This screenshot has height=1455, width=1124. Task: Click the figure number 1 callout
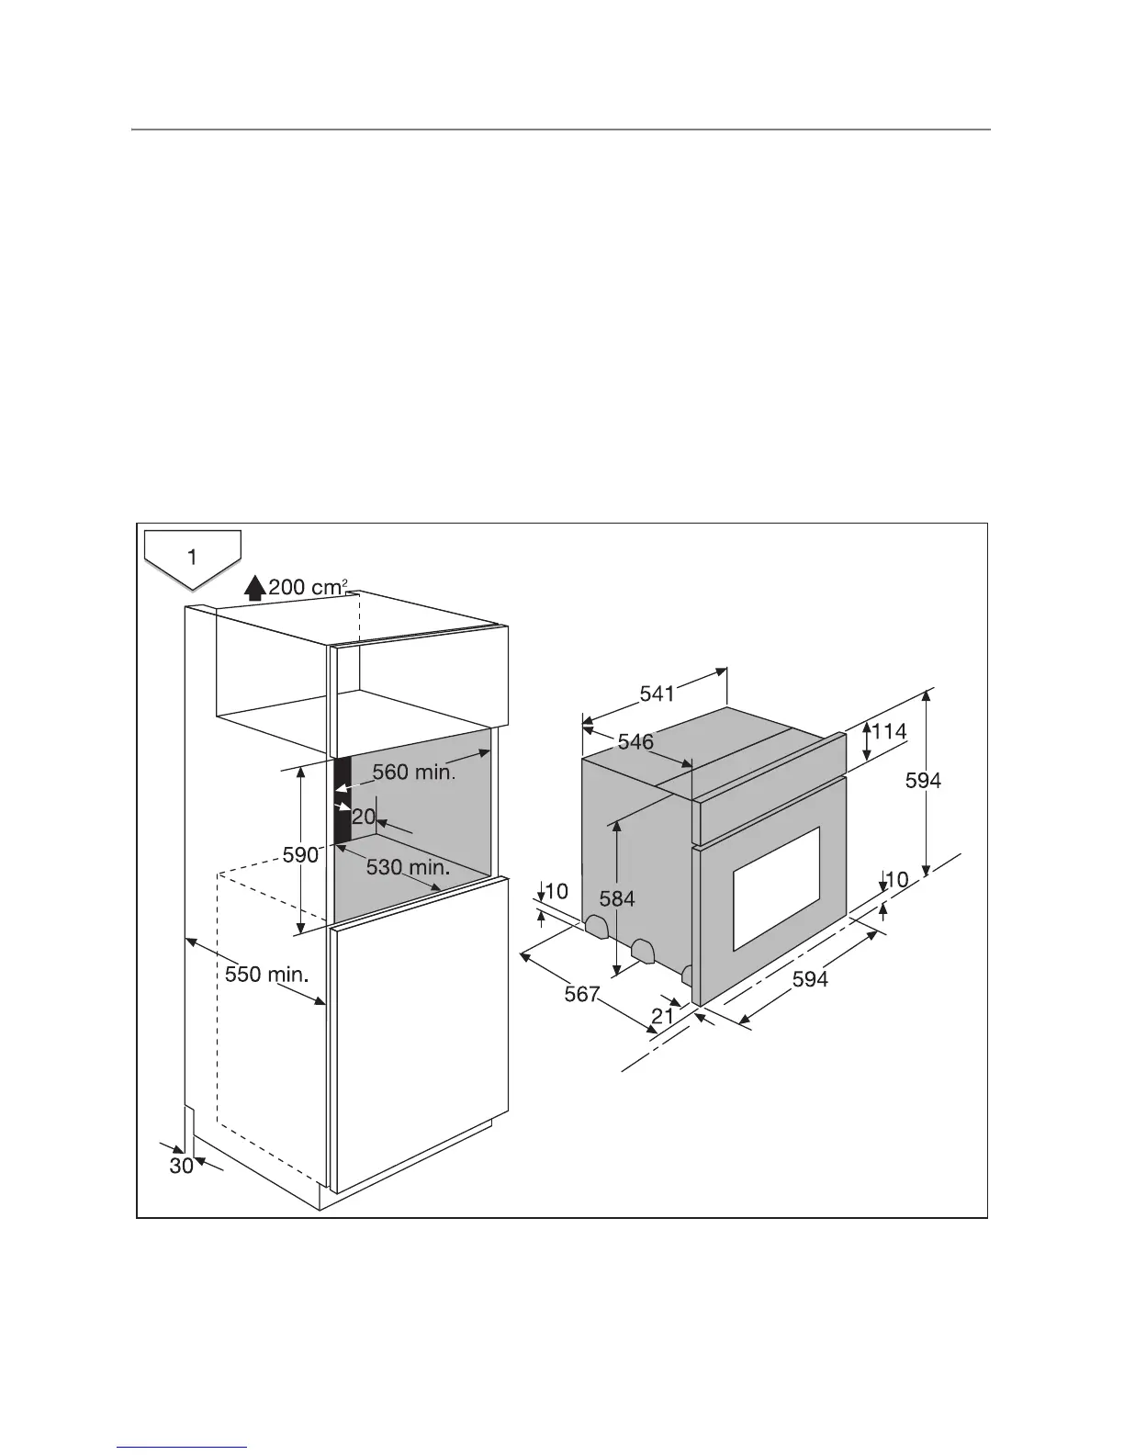tap(192, 557)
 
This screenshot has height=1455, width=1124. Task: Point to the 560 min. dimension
tap(413, 773)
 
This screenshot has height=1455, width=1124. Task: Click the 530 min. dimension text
tap(408, 866)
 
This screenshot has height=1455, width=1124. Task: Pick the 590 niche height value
tap(300, 854)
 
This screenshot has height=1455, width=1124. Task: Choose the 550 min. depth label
tap(266, 974)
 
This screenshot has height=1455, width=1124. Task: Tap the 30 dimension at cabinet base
tap(182, 1166)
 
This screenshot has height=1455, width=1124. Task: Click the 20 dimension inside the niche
tap(364, 816)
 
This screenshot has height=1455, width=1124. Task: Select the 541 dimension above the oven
tap(657, 694)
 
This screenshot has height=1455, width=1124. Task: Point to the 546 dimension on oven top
tap(635, 741)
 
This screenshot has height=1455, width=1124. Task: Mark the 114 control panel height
tap(889, 732)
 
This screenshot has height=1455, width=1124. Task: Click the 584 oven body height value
tap(617, 897)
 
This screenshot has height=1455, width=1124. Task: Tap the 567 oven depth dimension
tap(581, 994)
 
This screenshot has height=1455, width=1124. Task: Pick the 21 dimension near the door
tap(663, 1015)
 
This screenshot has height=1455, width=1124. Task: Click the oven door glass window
tap(775, 888)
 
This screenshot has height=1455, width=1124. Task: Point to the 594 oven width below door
tap(810, 980)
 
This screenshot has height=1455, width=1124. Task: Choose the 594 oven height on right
tap(923, 781)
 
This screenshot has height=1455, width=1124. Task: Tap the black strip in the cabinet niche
tap(342, 799)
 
